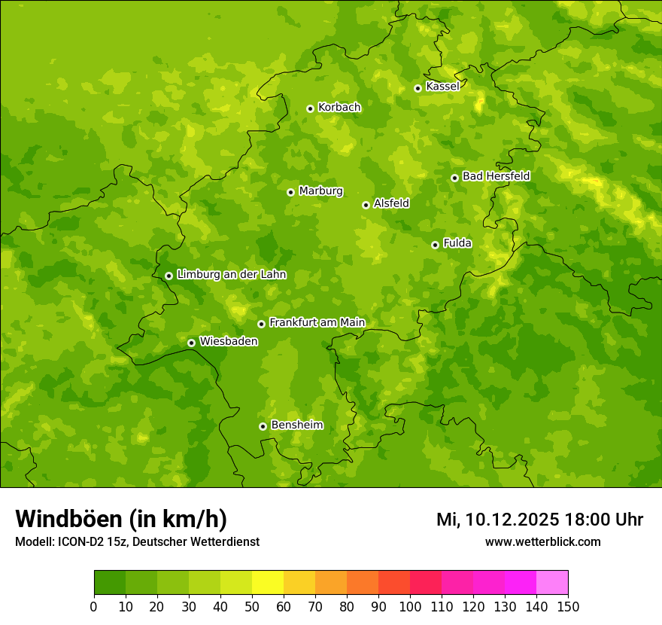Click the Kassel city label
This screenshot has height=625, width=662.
pos(442,87)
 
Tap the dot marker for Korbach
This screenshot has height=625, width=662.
pos(310,108)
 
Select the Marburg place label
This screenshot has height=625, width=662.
pos(320,191)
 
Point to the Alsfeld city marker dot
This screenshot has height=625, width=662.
pos(366,205)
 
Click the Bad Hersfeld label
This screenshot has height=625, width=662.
pos(496,176)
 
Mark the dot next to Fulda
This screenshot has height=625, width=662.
pos(435,245)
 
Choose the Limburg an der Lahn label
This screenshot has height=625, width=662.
pos(231,275)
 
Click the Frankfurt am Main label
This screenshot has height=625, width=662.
pos(317,322)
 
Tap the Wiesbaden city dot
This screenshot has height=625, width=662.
pos(191,343)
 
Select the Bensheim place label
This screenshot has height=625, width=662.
pos(296,425)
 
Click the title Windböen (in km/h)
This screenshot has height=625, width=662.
pos(120,519)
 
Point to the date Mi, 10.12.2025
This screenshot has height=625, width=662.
pos(497,520)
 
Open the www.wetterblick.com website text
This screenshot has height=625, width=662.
pos(542,541)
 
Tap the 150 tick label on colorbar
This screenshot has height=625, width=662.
pos(568,606)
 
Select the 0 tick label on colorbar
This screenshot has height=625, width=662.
pos(94,606)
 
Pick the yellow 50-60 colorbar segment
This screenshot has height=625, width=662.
pos(268,583)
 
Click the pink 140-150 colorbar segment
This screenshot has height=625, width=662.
pos(552,583)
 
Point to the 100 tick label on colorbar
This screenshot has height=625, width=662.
pos(410,606)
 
